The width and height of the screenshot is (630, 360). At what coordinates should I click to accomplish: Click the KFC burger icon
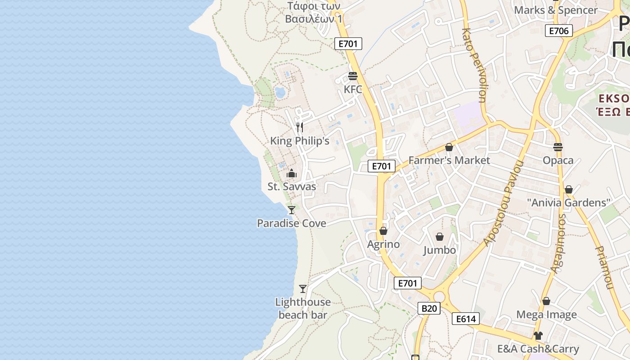point(353,76)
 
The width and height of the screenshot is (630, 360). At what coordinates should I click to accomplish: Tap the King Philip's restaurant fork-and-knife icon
point(300,127)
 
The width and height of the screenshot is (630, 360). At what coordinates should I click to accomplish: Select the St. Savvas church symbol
point(292,173)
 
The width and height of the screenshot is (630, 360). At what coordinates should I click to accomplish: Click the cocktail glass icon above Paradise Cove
point(292,210)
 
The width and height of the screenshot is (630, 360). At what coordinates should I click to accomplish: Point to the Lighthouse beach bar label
point(303,308)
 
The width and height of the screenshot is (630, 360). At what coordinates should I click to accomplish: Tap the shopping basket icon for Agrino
point(383,231)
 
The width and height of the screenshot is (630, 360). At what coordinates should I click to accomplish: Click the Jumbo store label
point(440,250)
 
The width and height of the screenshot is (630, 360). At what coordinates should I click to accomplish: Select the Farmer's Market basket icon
point(449,147)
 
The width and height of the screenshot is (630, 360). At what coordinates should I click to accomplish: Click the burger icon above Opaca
point(558,147)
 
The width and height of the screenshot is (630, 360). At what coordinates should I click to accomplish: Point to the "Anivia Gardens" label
point(569,202)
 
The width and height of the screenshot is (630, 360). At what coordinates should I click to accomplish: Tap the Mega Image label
point(546,315)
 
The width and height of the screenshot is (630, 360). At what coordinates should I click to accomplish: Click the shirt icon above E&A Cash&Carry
point(538,335)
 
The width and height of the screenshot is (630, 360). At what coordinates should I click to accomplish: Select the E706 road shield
point(559,31)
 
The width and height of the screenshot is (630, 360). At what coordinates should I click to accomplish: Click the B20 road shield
point(429,308)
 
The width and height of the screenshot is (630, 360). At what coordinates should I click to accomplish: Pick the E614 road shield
point(466,319)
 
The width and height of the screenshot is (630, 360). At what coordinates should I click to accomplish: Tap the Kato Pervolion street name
point(474,65)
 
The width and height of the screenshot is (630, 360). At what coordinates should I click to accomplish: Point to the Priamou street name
point(604,267)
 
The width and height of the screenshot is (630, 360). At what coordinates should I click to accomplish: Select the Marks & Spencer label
point(556,10)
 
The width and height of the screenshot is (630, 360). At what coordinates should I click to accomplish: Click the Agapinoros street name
point(558,243)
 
